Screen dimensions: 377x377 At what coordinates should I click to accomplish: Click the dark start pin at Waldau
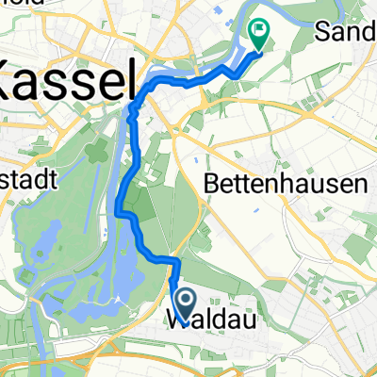[x=185, y=304]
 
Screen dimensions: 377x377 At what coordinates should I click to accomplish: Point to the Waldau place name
[x=201, y=319]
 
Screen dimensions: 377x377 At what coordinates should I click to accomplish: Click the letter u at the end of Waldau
[x=229, y=319]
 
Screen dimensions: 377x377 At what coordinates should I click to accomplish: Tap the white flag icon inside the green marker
[x=256, y=30]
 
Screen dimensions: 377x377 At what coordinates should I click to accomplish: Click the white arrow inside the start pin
[x=185, y=301]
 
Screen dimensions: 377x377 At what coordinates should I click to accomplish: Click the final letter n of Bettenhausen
[x=361, y=185]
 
